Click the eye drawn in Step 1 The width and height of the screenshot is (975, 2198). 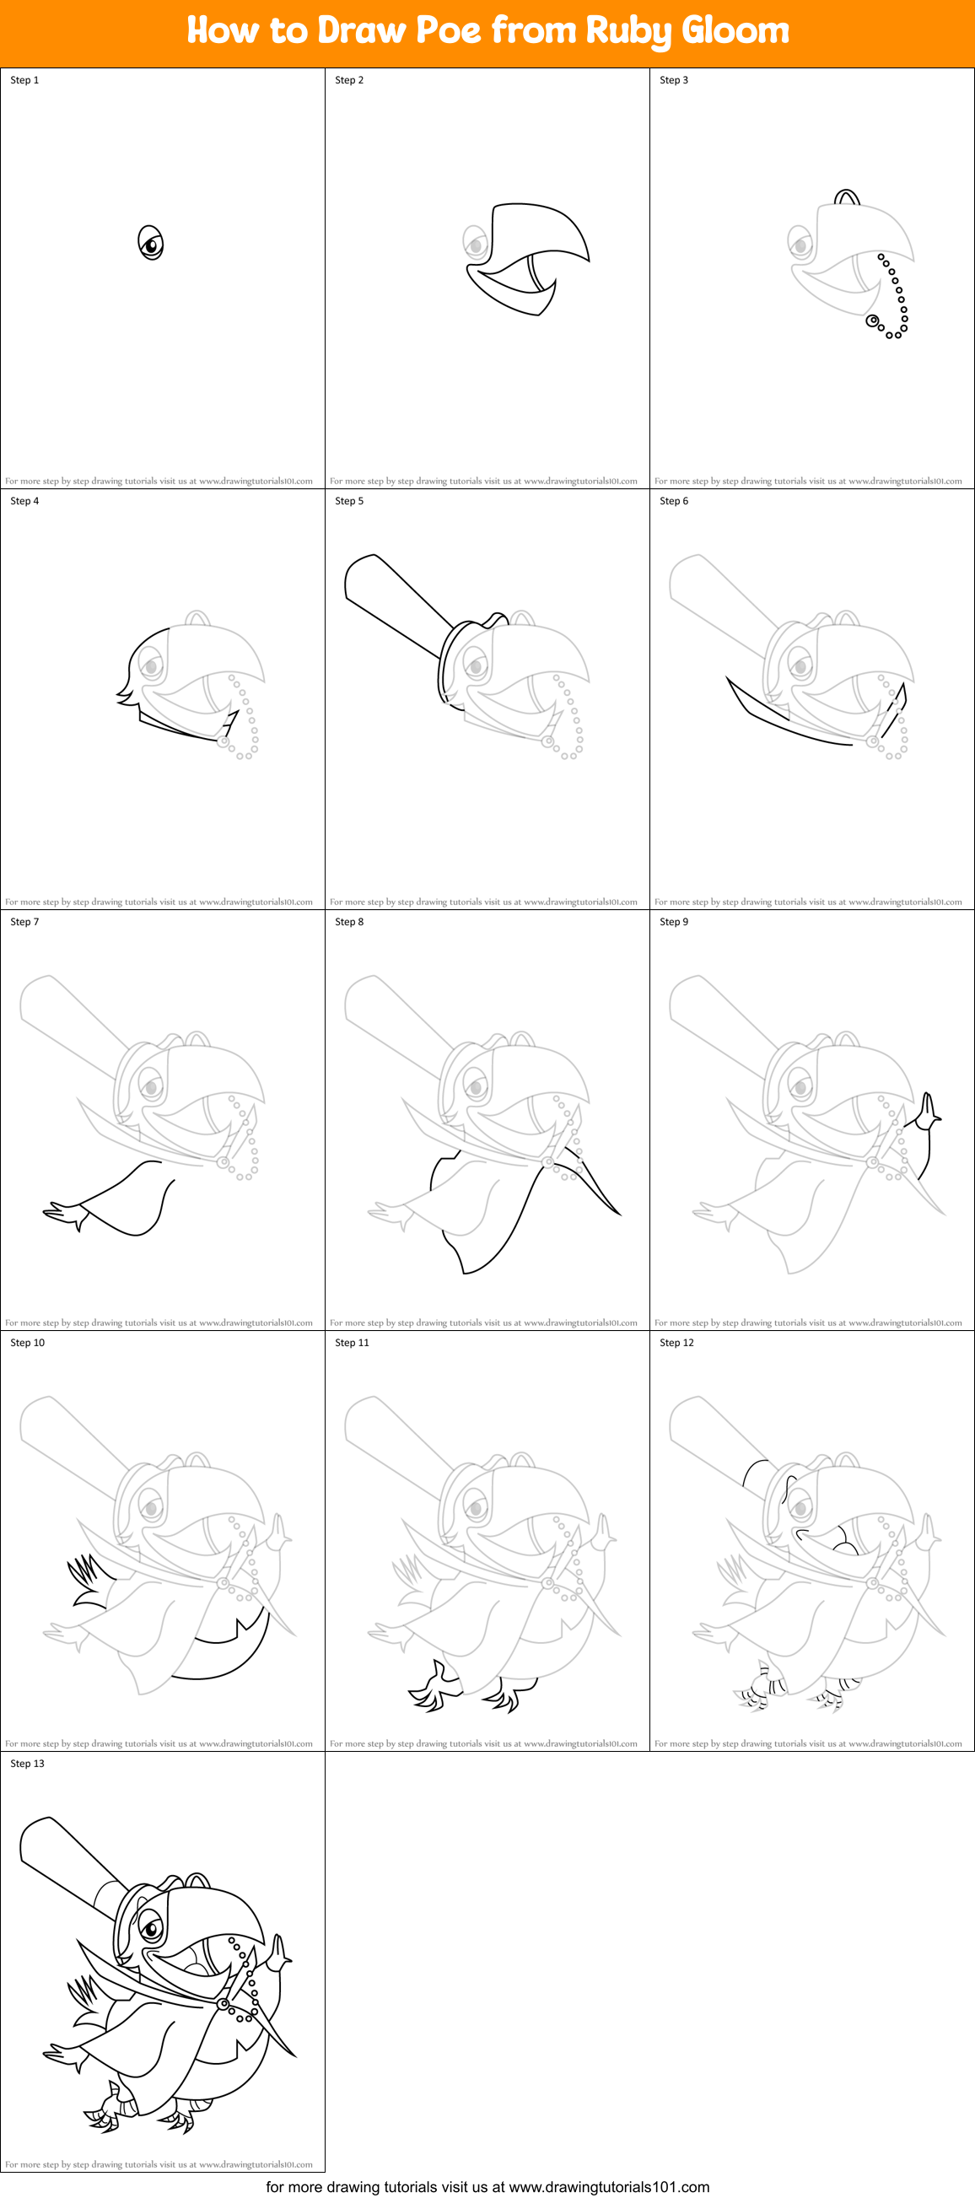coord(151,244)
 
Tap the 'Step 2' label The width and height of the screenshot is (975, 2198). coord(349,80)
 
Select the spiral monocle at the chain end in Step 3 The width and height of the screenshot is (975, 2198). coord(873,321)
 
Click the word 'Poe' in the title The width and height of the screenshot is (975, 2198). coord(448,30)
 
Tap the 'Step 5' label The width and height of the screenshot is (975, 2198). coord(349,501)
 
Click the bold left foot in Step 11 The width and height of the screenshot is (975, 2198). coord(434,1688)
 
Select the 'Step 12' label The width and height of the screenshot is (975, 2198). coord(676,1342)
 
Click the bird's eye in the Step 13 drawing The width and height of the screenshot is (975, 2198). coord(152,1926)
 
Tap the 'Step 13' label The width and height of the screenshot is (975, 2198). coord(27,1763)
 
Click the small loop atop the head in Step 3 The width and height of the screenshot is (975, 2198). coord(846,198)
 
